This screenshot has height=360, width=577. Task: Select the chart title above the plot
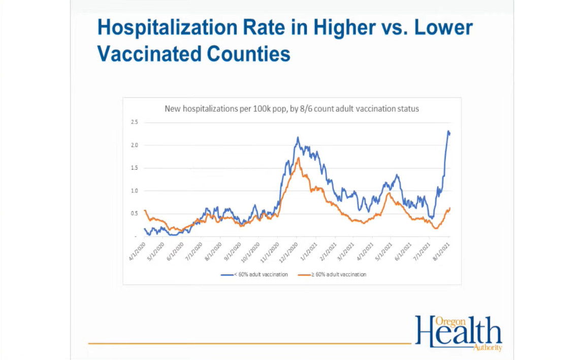tap(292, 109)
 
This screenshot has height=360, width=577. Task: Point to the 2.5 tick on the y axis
tap(134, 122)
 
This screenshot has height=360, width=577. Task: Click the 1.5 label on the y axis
tap(134, 168)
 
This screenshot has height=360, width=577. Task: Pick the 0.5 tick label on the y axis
tap(134, 214)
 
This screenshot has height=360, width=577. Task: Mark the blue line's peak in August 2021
tap(448, 132)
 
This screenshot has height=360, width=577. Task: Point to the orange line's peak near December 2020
tap(298, 158)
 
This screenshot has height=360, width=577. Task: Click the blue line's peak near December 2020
tap(298, 137)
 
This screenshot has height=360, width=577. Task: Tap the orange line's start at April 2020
tap(145, 210)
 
